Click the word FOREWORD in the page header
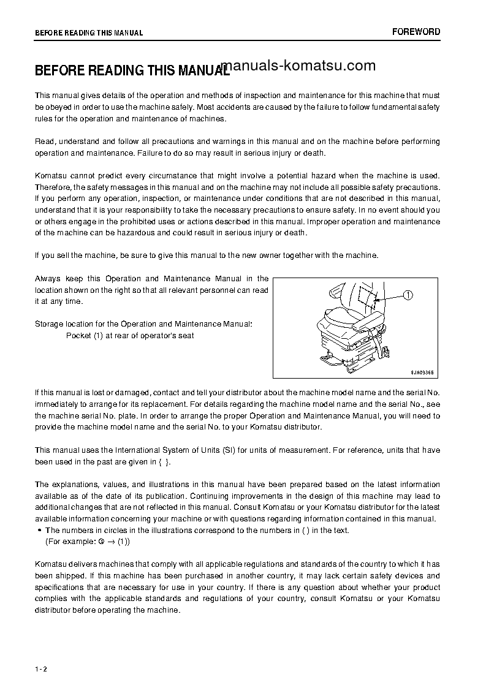pos(416,32)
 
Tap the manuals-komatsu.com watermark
pos(297,66)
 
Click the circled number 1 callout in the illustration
pos(408,295)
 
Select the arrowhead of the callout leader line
pos(376,300)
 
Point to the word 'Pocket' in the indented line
pos(78,336)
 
